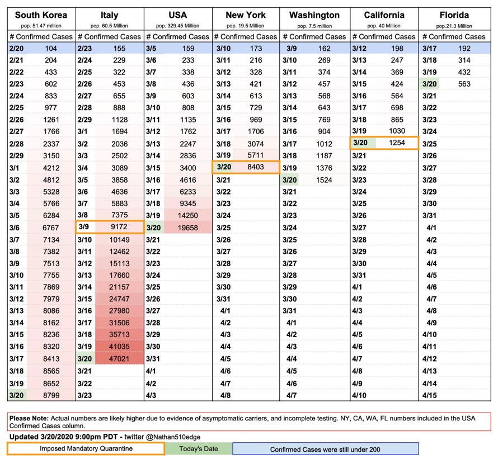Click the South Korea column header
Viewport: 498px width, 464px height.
(41, 15)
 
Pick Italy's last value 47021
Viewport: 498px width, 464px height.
(119, 359)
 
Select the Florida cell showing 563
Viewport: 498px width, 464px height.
(462, 84)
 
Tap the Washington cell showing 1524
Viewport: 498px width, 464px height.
(325, 179)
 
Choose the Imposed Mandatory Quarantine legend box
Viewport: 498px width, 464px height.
(85, 449)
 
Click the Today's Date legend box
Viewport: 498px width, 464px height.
(198, 449)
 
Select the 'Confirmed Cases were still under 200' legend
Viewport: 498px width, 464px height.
(325, 449)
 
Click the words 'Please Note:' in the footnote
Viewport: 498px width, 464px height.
(28, 418)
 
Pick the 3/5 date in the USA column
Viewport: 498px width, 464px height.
(152, 49)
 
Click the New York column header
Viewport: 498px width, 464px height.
(246, 15)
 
